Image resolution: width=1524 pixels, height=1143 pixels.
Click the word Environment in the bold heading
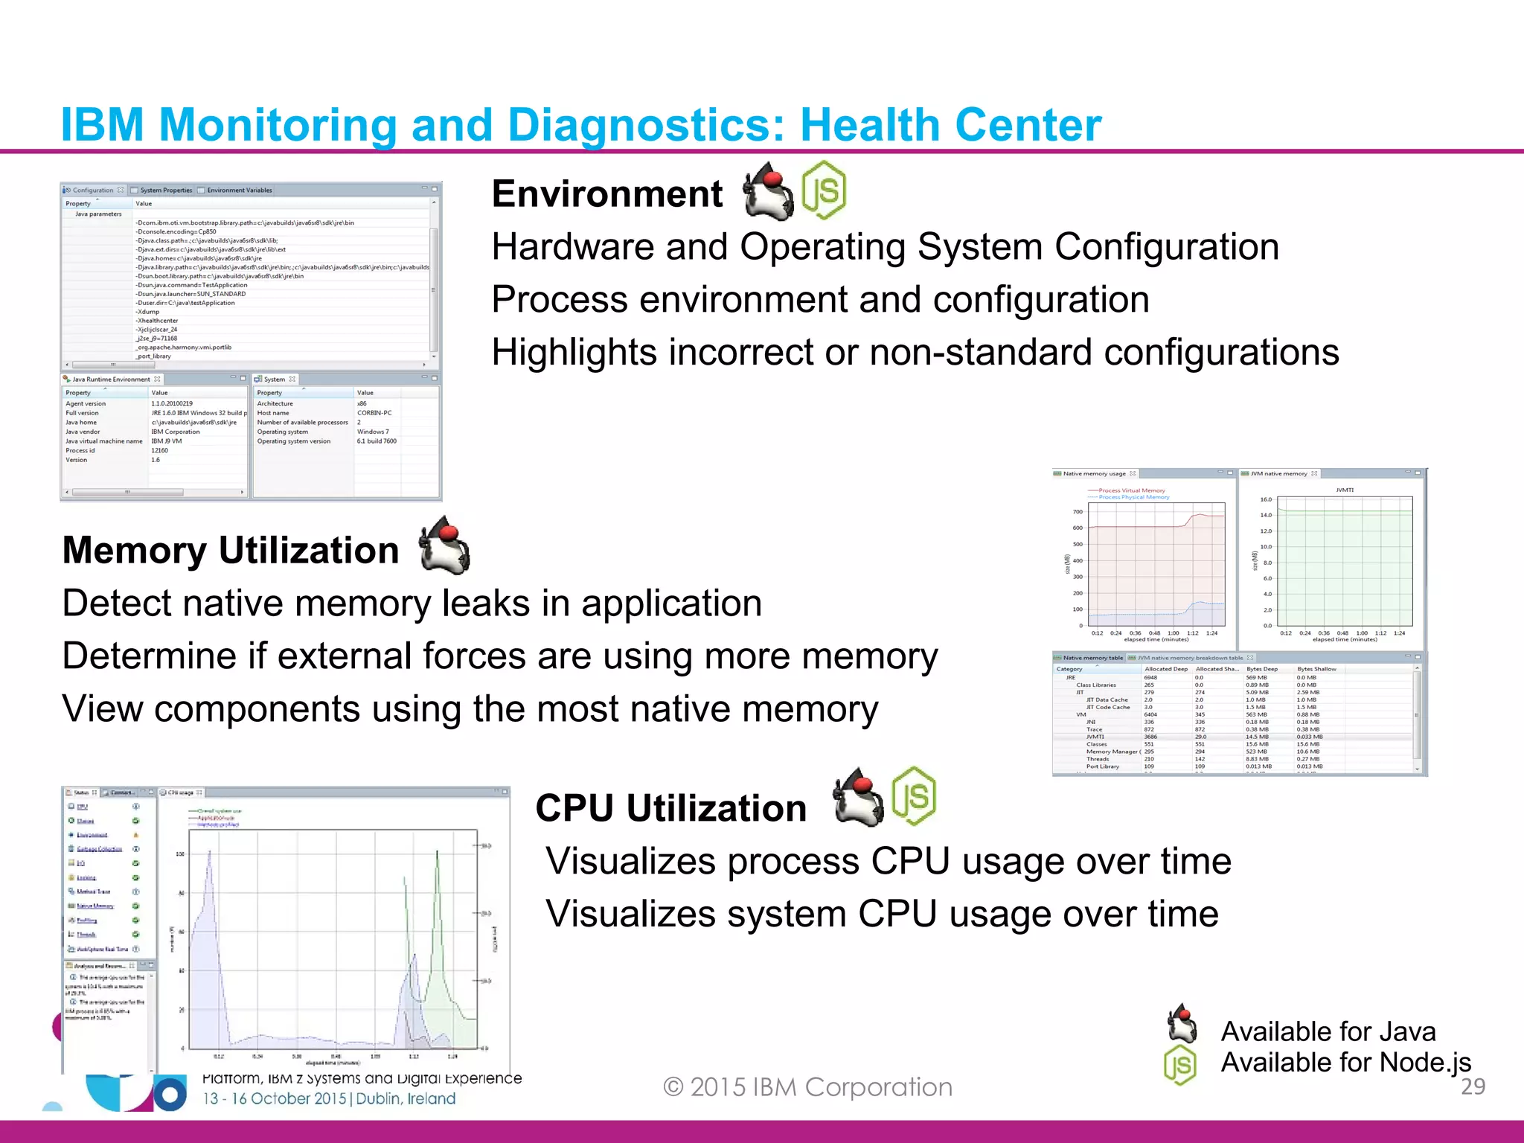pos(607,194)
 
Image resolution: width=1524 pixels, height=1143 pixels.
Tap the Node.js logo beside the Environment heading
pos(824,190)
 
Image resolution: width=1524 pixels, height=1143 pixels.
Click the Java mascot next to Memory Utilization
pos(445,546)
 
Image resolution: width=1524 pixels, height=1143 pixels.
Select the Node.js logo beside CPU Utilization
pos(914,796)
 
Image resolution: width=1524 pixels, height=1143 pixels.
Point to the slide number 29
pos(1473,1086)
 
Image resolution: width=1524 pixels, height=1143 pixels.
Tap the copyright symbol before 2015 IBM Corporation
pos(673,1087)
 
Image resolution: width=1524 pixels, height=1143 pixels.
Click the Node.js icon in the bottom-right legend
pos(1180,1065)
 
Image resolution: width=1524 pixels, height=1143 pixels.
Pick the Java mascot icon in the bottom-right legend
pos(1182,1025)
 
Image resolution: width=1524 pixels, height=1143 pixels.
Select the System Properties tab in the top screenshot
pos(165,190)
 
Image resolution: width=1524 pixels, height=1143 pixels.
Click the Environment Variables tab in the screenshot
pos(239,190)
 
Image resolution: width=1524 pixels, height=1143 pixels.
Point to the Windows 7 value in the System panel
pos(373,432)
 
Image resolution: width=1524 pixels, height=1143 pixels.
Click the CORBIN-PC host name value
pos(374,413)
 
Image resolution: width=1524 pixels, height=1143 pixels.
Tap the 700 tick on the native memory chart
pos(1078,512)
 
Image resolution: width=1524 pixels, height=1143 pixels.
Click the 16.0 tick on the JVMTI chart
pos(1266,499)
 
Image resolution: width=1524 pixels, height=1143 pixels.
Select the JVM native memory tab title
pos(1278,473)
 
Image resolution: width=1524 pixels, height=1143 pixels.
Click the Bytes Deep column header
pos(1261,669)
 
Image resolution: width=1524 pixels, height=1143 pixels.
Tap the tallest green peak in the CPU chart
pos(438,852)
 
